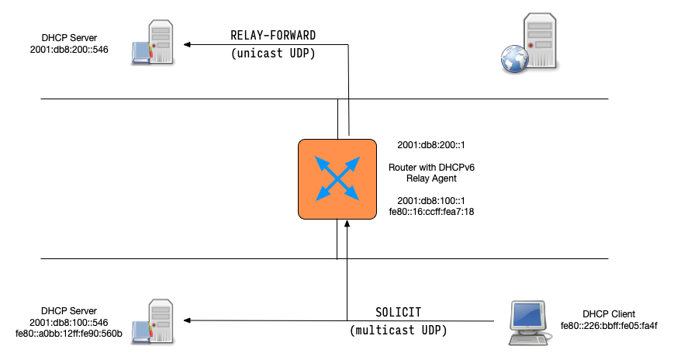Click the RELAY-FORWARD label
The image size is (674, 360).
[274, 36]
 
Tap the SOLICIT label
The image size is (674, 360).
[398, 311]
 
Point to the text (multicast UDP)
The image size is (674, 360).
[398, 331]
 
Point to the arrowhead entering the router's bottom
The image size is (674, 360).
[348, 225]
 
